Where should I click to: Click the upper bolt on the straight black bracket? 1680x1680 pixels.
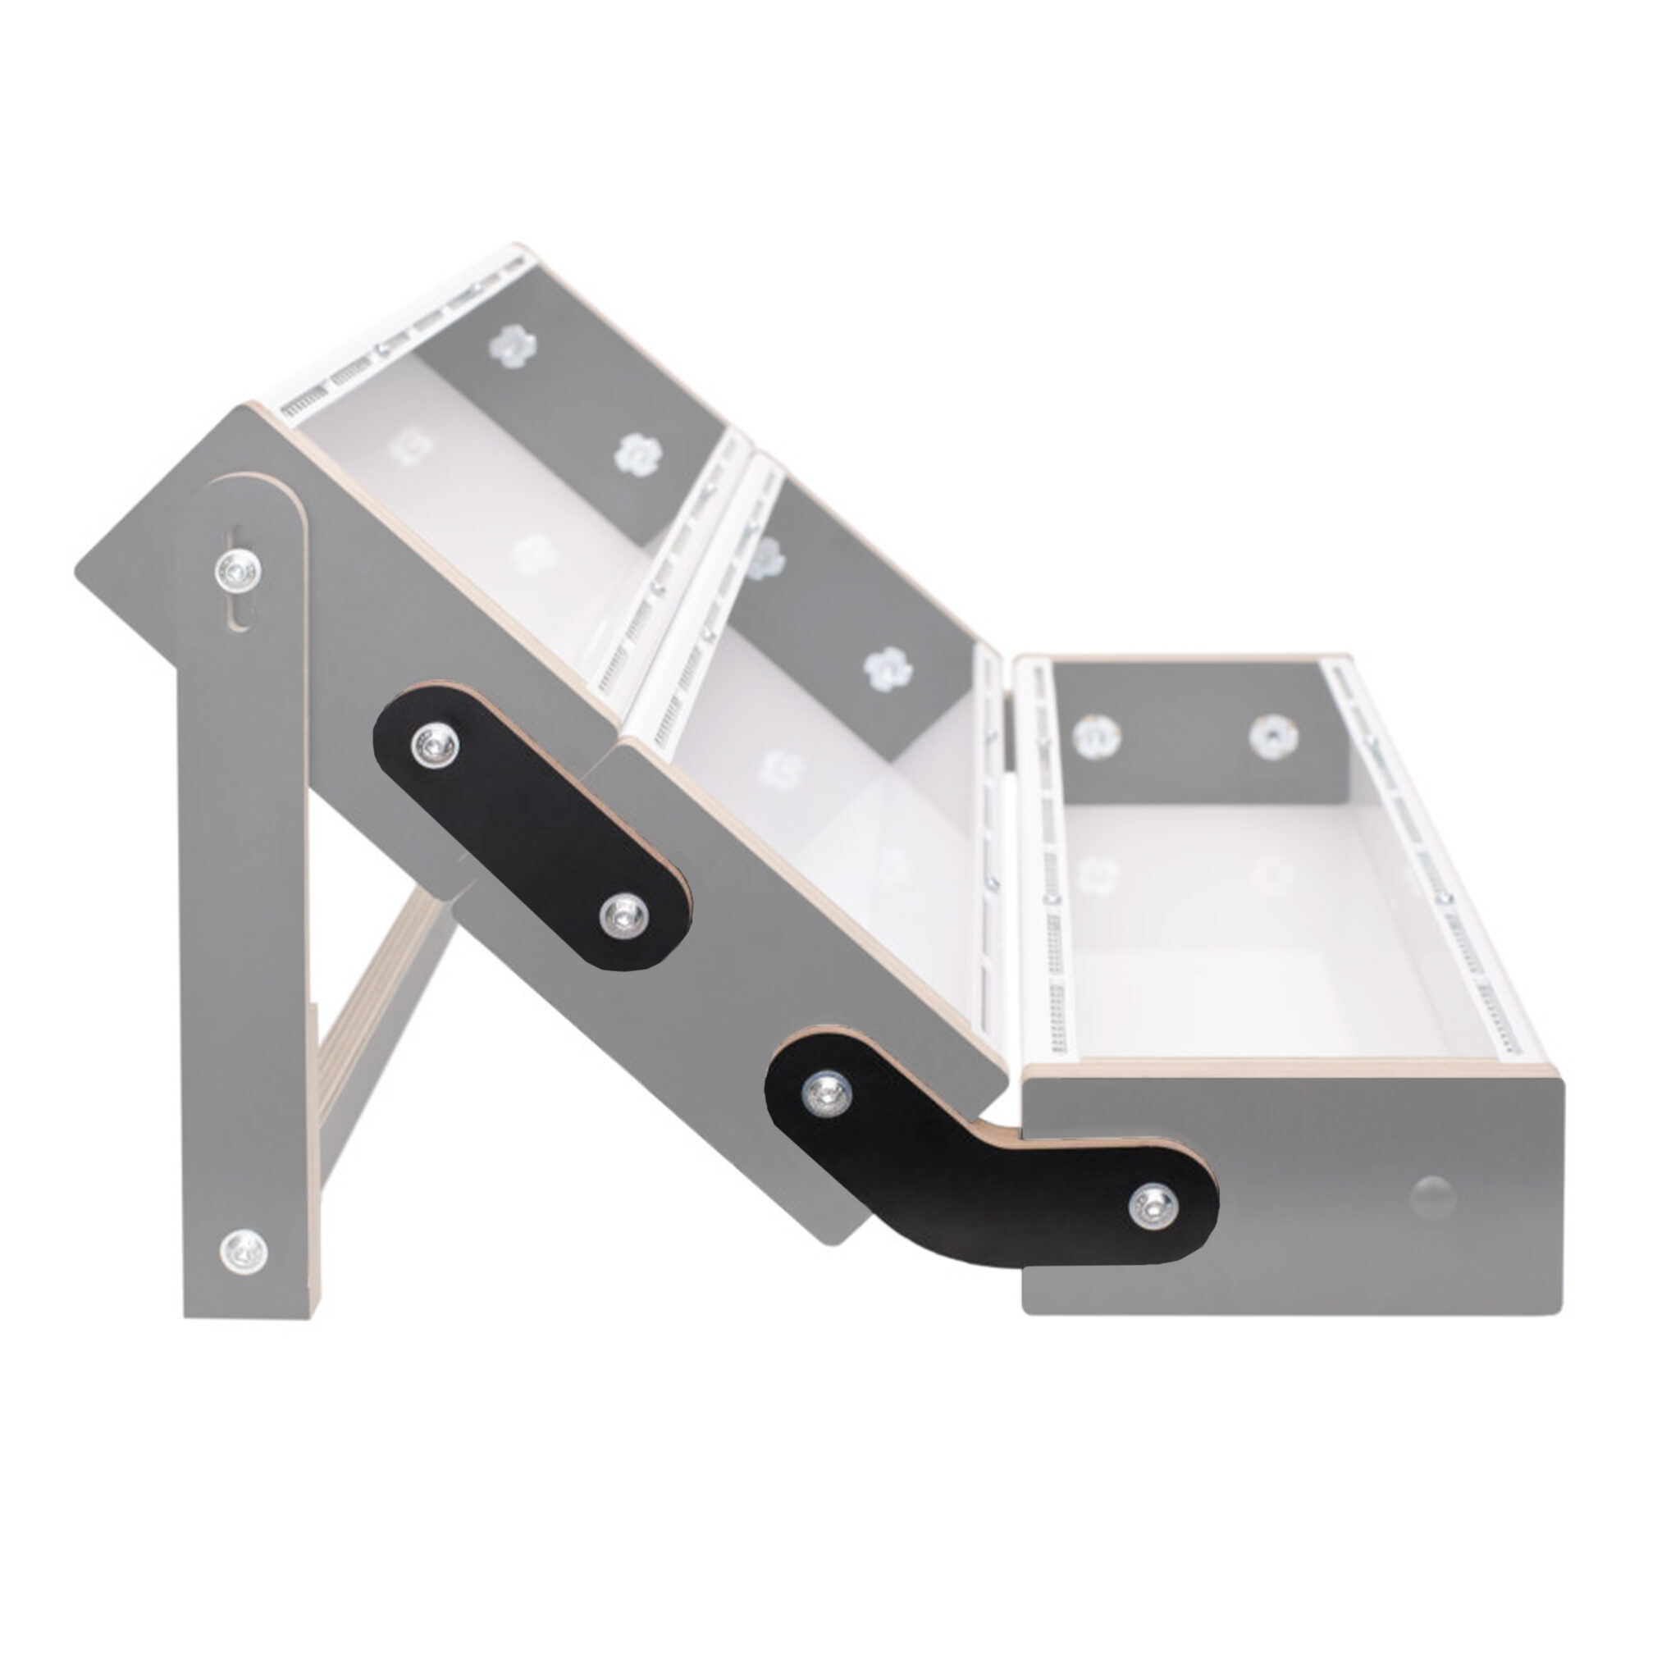point(435,746)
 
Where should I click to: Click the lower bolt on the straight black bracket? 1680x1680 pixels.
point(625,914)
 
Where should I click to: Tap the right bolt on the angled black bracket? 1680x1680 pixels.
point(1153,1207)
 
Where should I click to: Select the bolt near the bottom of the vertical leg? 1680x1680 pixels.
point(243,1252)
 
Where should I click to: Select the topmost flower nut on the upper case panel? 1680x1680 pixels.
point(512,347)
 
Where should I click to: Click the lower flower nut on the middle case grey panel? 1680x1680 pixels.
point(888,670)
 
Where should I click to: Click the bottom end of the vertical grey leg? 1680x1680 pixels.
point(248,1313)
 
